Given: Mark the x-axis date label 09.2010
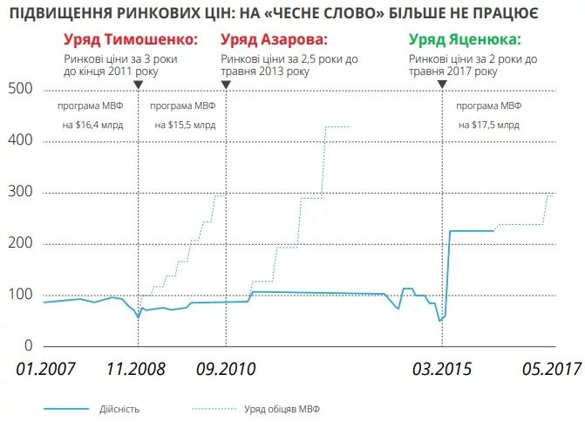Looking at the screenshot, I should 224,369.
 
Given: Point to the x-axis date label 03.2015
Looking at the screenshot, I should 442,369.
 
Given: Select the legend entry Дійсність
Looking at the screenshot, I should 119,408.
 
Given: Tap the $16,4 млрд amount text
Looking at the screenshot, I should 92,125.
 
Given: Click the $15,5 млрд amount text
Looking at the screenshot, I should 185,125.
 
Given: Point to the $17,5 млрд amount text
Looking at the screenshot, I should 489,125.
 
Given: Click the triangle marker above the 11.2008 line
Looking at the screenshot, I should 138,84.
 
